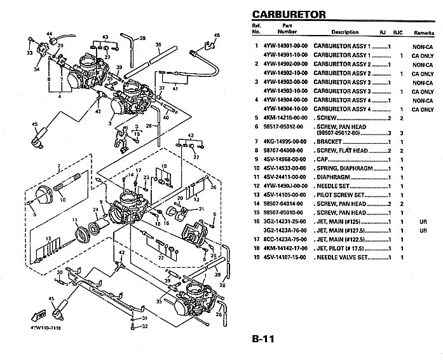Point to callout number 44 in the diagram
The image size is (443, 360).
click(x=50, y=33)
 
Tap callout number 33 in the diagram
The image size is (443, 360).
click(x=29, y=53)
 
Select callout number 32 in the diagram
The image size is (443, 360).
click(x=144, y=326)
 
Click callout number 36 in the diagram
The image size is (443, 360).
click(x=157, y=45)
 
